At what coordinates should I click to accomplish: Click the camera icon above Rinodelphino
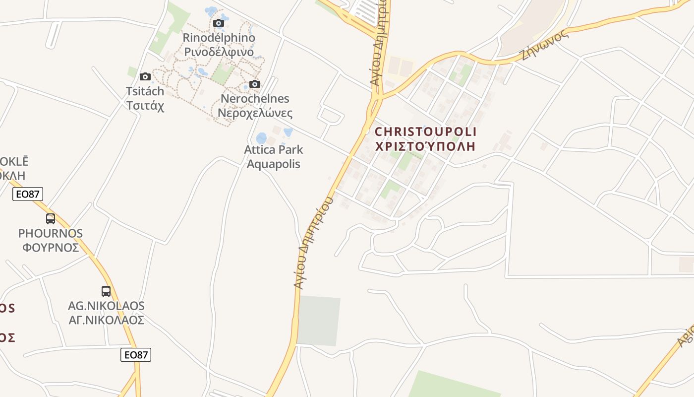218,23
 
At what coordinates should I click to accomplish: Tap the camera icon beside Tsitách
145,76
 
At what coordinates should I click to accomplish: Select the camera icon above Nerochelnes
255,84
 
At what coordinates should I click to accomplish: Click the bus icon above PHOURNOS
50,218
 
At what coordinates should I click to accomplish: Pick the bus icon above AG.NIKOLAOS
106,291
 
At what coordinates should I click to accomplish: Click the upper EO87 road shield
28,194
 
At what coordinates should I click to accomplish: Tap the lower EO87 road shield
136,354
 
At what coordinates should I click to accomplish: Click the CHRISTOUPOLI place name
426,132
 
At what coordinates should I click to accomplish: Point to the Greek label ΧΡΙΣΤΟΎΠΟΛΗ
426,147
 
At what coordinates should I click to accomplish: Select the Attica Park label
274,150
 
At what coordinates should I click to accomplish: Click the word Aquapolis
274,164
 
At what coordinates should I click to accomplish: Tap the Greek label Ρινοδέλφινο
219,52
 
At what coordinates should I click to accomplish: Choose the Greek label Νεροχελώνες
255,113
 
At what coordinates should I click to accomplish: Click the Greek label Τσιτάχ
145,106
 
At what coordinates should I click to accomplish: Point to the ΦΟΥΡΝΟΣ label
51,247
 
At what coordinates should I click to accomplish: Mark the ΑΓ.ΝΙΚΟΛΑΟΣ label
107,320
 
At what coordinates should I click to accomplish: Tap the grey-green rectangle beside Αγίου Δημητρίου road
319,321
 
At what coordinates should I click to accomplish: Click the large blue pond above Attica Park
261,138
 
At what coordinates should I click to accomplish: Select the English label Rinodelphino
219,37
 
